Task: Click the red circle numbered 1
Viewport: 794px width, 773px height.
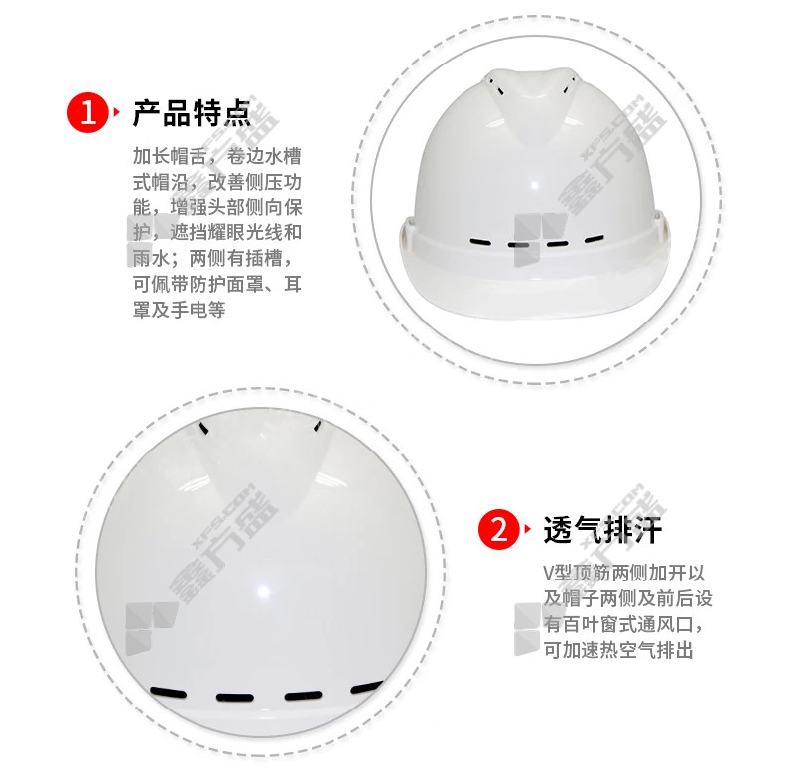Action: tap(87, 112)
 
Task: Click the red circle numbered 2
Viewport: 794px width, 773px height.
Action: tap(498, 529)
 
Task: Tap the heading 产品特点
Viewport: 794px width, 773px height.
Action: tap(192, 112)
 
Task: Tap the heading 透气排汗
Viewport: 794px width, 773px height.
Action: tap(602, 530)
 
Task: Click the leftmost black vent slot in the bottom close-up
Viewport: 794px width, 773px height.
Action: tap(168, 692)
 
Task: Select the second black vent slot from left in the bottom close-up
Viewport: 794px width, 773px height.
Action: tap(235, 697)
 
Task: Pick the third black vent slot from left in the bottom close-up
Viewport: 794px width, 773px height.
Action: tap(303, 696)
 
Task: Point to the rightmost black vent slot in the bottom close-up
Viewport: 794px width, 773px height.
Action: tap(367, 687)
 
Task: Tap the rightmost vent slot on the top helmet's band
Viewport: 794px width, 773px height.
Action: tap(594, 239)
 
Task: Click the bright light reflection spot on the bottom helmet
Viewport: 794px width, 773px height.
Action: tap(264, 590)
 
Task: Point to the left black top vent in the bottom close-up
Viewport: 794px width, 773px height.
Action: tap(204, 428)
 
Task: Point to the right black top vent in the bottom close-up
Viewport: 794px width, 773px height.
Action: tap(317, 427)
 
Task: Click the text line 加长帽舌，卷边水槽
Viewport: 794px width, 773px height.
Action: tap(217, 156)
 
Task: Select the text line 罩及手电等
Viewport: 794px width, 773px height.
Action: tap(180, 310)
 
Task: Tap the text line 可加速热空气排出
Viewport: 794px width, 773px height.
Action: tap(618, 650)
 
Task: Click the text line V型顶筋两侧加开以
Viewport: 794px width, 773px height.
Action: tap(624, 573)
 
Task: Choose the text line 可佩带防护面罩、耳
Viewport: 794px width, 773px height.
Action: tap(217, 284)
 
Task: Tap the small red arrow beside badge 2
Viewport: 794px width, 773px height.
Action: tap(528, 529)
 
